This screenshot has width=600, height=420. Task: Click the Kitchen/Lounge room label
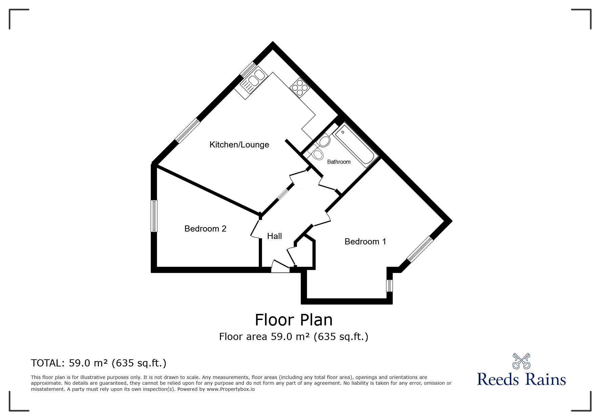[x=239, y=145]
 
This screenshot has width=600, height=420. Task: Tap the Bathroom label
[x=338, y=162]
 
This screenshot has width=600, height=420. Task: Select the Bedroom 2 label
[x=205, y=229]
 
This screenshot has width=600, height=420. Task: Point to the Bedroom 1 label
[x=365, y=242]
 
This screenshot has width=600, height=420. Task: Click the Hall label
[x=274, y=236]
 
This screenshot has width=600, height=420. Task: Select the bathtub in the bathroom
[x=355, y=146]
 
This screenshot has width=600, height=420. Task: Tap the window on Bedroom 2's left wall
[x=154, y=216]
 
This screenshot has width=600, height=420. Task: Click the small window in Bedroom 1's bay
[x=390, y=285]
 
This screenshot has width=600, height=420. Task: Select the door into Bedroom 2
[x=254, y=229]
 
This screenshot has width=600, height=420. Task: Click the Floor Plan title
[x=293, y=320]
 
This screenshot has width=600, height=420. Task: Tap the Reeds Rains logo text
[x=521, y=379]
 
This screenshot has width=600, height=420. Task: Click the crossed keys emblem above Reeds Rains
[x=521, y=361]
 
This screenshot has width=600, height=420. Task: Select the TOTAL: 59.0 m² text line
[x=99, y=363]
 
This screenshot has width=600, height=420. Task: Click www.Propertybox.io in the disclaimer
[x=230, y=389]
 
